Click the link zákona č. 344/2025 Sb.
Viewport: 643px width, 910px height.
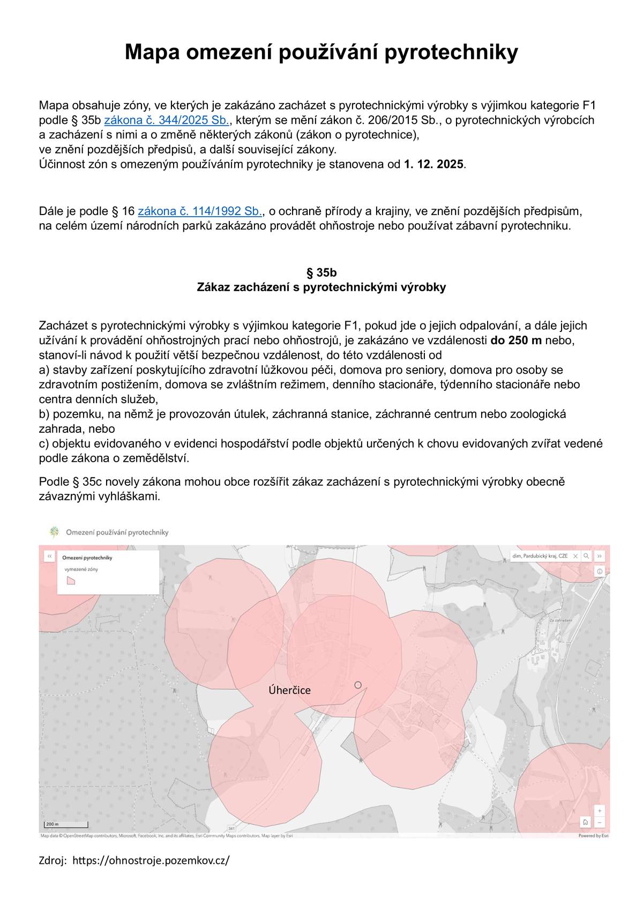point(166,120)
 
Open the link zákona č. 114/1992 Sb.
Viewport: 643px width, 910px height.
point(200,211)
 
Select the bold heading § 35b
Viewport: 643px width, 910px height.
point(322,272)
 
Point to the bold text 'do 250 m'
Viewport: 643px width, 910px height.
point(516,341)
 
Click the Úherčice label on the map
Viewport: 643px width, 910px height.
point(289,690)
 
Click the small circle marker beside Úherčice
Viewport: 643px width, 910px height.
point(358,685)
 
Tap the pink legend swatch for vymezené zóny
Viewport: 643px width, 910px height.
point(71,580)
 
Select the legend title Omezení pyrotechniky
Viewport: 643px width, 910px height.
point(87,558)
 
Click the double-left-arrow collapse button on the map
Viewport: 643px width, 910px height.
point(49,556)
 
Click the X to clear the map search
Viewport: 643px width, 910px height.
point(575,556)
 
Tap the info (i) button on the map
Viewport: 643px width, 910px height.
point(600,572)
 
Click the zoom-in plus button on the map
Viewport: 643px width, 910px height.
point(600,811)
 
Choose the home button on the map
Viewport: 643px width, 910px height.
point(586,823)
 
